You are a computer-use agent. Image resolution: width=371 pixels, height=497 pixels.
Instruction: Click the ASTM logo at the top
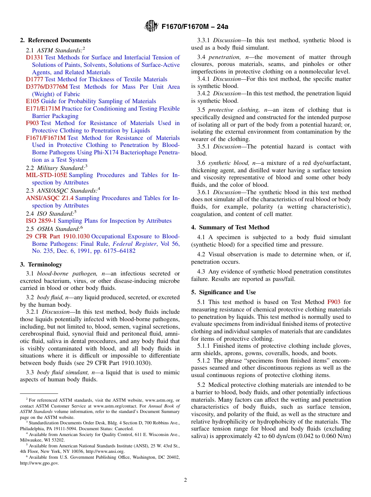click(x=151, y=26)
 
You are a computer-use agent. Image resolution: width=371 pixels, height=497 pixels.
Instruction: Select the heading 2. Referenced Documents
click(x=55, y=40)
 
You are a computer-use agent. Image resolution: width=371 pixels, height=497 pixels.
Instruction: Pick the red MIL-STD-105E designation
click(x=46, y=175)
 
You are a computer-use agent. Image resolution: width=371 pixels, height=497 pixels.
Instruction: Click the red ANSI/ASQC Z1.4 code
click(x=50, y=198)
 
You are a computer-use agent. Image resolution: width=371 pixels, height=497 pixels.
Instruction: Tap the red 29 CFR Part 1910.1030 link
click(x=58, y=236)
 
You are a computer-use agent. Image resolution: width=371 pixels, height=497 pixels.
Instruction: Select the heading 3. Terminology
click(x=41, y=265)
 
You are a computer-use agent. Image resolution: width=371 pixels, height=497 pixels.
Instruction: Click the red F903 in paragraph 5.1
click(x=334, y=302)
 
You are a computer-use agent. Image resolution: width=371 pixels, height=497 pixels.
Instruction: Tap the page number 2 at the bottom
click(x=185, y=480)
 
